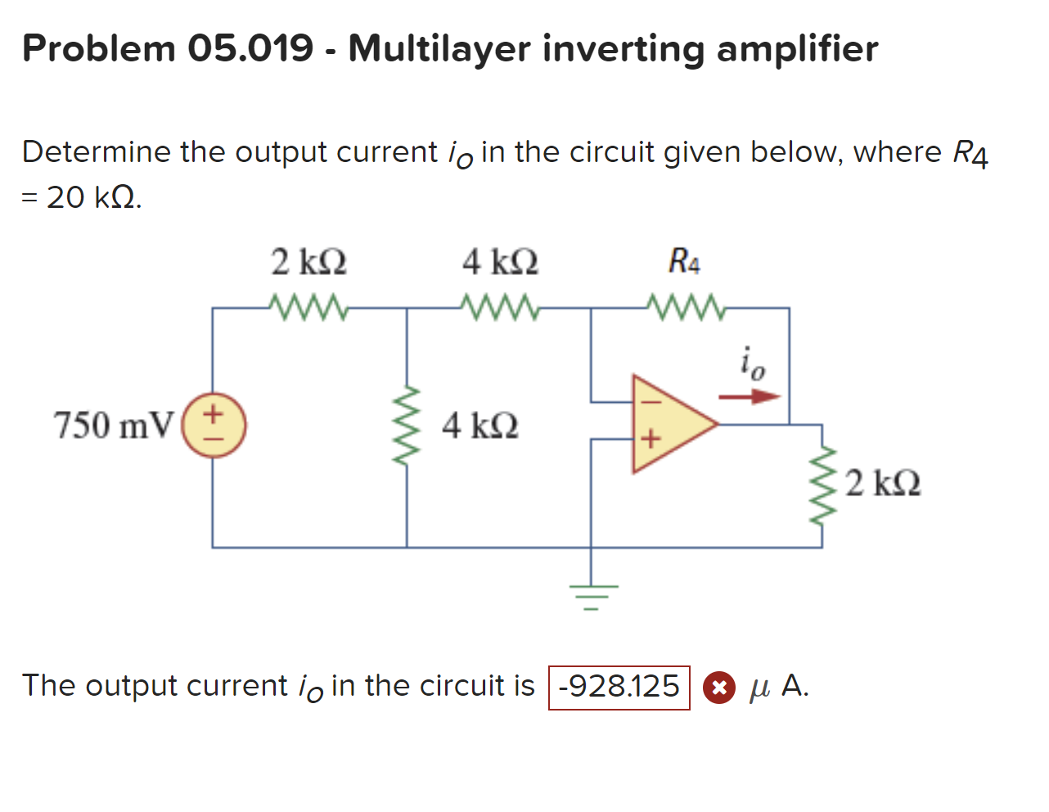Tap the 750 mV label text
coord(114,426)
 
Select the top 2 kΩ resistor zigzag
coord(309,309)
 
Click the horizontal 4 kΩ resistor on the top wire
coord(500,309)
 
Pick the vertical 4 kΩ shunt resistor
coord(407,426)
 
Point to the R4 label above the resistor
coord(684,262)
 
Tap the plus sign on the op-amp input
coord(649,440)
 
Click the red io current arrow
coord(750,397)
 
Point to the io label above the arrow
coord(752,363)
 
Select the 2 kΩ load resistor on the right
coord(822,485)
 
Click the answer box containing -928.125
coord(619,687)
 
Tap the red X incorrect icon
coord(718,688)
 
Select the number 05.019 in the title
coord(250,48)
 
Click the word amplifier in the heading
coord(797,48)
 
